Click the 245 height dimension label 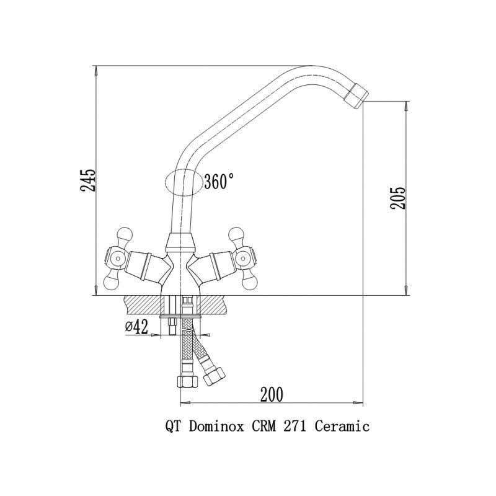(x=87, y=180)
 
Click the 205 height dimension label (x=397, y=198)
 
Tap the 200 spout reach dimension (x=272, y=394)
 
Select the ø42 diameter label (x=136, y=327)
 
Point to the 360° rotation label (x=219, y=181)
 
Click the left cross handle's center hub (x=117, y=259)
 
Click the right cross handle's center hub (x=242, y=259)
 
